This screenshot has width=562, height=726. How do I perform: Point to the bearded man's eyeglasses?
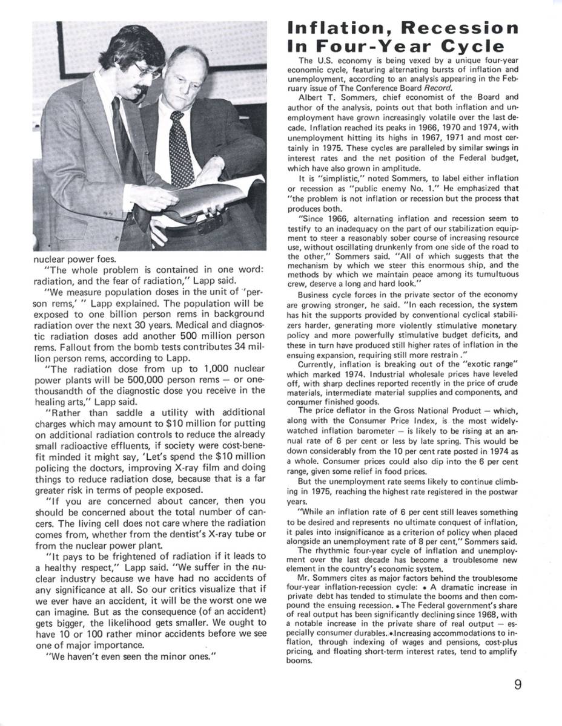click(x=146, y=71)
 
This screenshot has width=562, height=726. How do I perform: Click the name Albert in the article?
click(x=312, y=96)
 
